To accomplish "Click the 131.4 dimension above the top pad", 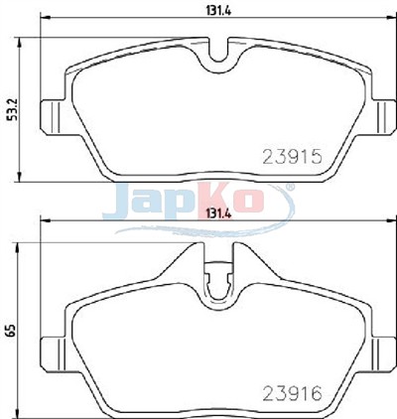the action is coord(218,10).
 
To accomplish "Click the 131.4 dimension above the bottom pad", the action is coord(218,214).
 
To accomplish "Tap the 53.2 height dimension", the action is coord(12,109).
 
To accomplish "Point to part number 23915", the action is coord(292,157).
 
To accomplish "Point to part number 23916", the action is coord(292,394).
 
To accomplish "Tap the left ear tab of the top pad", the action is coord(52,117).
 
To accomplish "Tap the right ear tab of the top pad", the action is coord(384,117).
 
